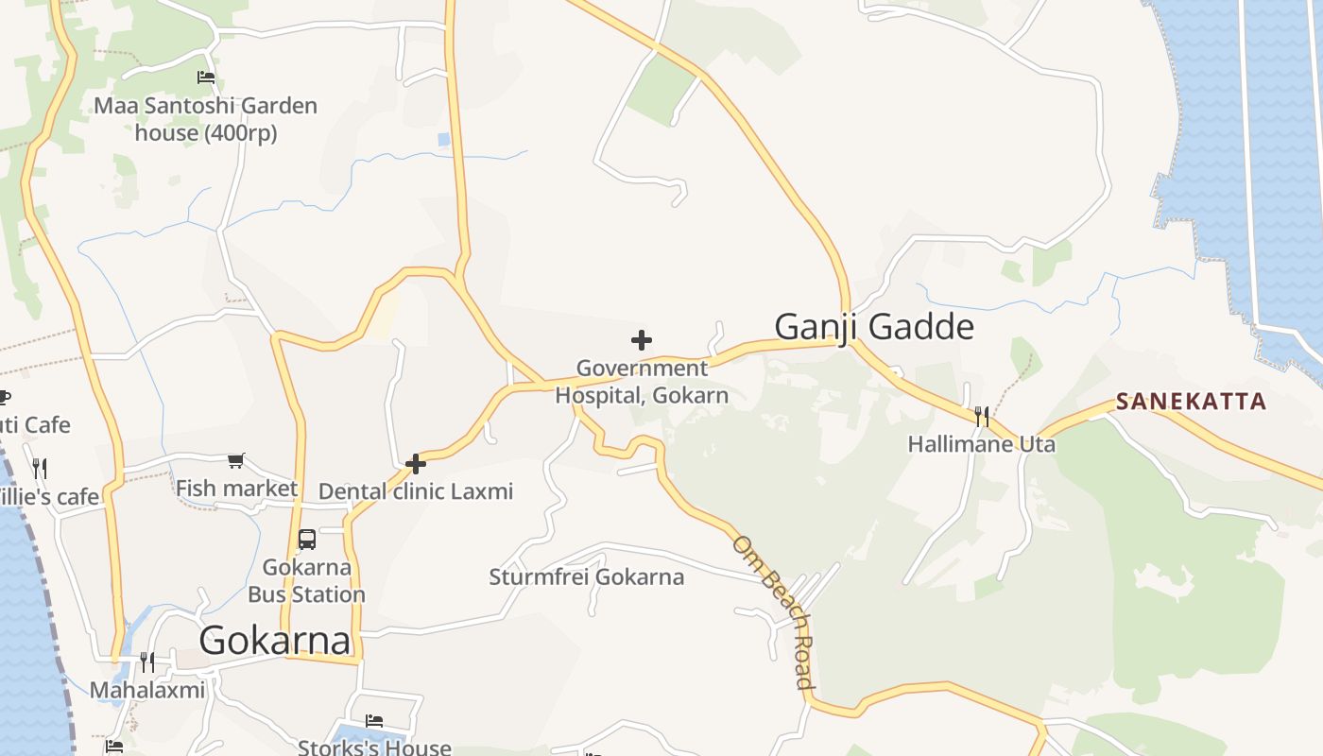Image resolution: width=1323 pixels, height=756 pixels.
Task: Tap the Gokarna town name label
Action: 275,641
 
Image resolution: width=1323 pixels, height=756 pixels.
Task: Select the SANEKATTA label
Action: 1191,402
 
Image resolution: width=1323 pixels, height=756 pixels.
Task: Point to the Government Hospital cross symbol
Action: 642,339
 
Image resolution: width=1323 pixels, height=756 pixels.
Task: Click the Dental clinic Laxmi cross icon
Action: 415,464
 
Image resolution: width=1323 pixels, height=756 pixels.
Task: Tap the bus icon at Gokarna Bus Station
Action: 307,540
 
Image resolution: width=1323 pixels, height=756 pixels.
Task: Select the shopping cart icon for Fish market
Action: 236,460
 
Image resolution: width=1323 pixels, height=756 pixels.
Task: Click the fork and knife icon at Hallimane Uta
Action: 982,416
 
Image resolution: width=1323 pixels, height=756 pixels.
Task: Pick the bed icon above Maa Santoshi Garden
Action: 205,77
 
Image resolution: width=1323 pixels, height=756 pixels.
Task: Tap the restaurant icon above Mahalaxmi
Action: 146,661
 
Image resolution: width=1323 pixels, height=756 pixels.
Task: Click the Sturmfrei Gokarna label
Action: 586,576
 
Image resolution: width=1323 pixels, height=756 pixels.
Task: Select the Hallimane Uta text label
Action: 982,444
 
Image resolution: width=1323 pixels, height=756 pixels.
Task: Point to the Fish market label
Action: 236,489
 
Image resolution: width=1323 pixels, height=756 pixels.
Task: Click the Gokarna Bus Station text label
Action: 306,581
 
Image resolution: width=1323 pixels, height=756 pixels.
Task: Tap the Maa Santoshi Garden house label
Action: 205,119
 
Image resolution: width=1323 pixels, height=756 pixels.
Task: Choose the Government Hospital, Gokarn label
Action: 642,382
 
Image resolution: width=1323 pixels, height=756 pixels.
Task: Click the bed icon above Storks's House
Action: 374,721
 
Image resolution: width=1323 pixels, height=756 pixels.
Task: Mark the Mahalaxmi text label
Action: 146,690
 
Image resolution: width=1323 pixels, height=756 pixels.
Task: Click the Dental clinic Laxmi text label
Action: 416,491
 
